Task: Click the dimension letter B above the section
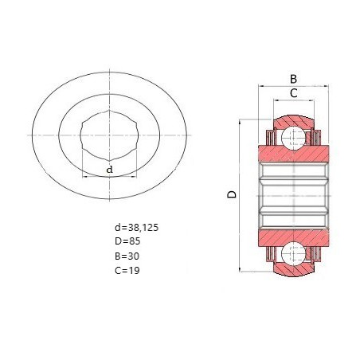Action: click(x=293, y=79)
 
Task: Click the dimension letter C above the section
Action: click(x=294, y=93)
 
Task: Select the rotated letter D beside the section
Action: click(x=232, y=194)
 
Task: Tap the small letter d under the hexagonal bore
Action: click(x=109, y=170)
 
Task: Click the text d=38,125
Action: click(x=136, y=228)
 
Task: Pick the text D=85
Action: click(x=127, y=241)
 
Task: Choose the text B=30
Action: click(x=127, y=256)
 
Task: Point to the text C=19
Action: click(x=127, y=270)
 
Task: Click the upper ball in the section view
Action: click(x=293, y=138)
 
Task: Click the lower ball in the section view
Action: click(x=293, y=254)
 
